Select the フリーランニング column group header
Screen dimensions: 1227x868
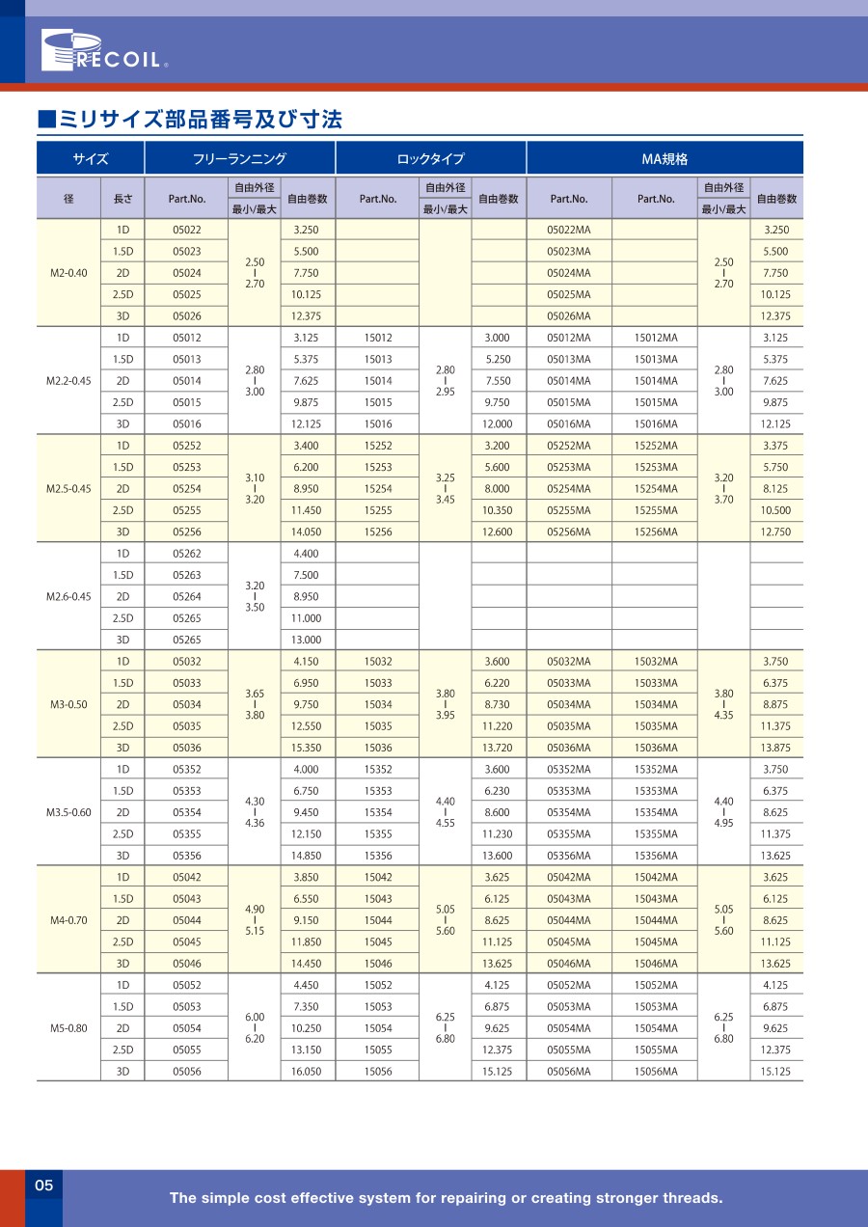tap(239, 159)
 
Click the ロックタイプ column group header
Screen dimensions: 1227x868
tap(430, 159)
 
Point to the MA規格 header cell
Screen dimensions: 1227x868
tap(665, 159)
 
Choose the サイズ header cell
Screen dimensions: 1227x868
tap(91, 159)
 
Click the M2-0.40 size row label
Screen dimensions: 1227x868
tap(68, 273)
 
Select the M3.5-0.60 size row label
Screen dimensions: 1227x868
tap(68, 812)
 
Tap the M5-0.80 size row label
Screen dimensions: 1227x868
tap(68, 1028)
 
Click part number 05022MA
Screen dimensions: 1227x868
tap(568, 230)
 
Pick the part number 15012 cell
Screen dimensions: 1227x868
tap(378, 338)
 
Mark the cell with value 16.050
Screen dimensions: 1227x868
tap(306, 1071)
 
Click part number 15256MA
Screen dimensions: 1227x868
tap(656, 532)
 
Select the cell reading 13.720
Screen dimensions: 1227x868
tap(498, 749)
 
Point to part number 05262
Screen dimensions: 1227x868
tap(187, 554)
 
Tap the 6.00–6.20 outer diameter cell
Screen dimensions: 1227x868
tap(255, 1028)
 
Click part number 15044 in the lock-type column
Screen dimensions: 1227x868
tap(378, 920)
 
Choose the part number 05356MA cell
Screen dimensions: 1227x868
tap(568, 856)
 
